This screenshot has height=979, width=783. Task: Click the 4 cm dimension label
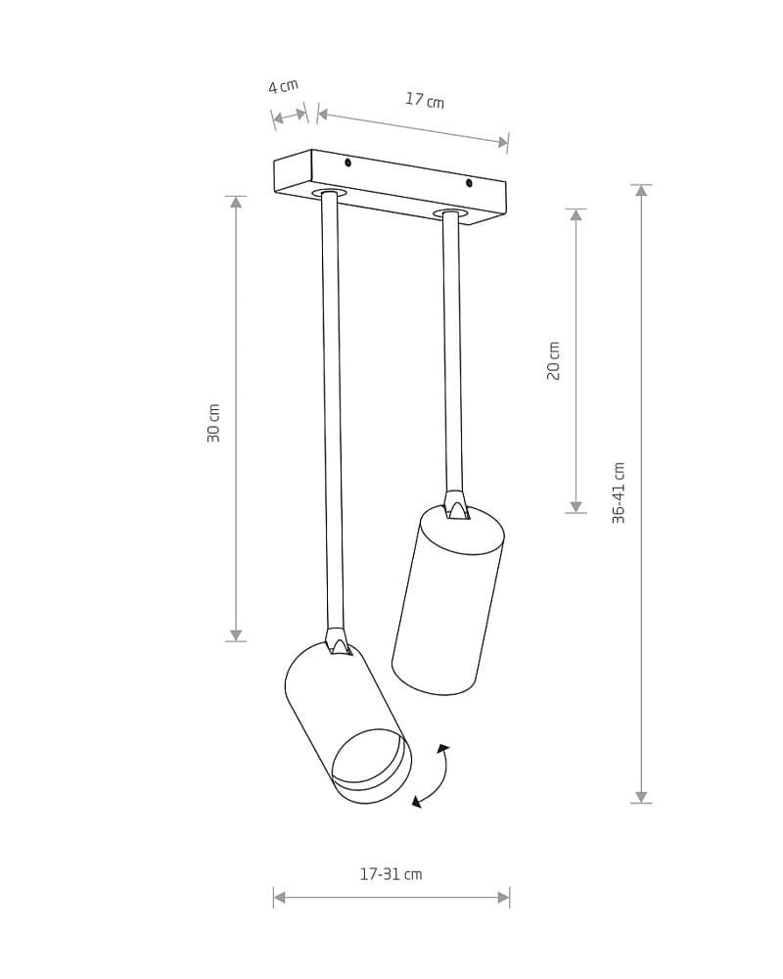pos(284,86)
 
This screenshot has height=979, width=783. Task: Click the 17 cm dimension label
pos(425,100)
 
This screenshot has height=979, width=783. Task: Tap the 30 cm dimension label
pos(213,423)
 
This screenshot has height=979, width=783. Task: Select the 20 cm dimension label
pos(554,361)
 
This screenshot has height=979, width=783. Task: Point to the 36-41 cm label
pos(619,492)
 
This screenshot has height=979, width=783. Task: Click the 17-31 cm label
pos(391,874)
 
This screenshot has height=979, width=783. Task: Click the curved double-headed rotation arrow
pos(435,776)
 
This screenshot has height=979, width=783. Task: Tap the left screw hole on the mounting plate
pos(347,163)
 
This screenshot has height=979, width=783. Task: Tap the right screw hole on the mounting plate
pos(469,183)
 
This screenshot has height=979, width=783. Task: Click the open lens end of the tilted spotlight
pos(372,766)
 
